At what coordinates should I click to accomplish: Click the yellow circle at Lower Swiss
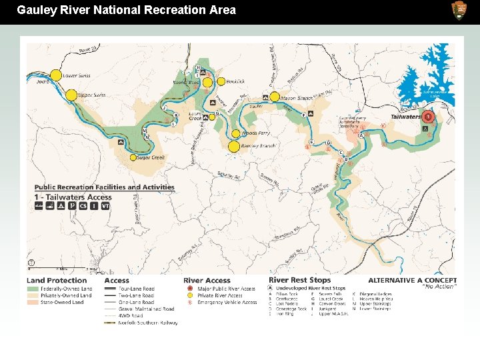pos(55,75)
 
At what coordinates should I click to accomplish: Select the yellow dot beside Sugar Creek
pos(133,158)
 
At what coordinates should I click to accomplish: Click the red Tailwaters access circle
pos(429,117)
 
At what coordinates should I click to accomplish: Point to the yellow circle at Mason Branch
pos(274,97)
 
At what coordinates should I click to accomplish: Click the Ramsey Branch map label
pos(259,146)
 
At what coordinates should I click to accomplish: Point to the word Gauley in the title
pos(35,10)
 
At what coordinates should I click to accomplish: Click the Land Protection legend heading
pos(57,281)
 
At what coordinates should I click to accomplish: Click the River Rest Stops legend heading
pos(299,281)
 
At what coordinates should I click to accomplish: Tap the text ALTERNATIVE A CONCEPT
pos(412,281)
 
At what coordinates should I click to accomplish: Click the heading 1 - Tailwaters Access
pos(73,197)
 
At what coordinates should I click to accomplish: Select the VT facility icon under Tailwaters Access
pos(105,207)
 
